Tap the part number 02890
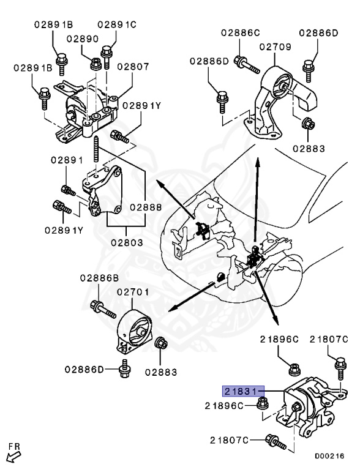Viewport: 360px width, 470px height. [x=83, y=38]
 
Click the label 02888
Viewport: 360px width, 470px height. [x=145, y=207]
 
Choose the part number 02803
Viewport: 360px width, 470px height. [x=127, y=242]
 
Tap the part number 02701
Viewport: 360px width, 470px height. [x=133, y=293]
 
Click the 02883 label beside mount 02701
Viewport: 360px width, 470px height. [x=161, y=371]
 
